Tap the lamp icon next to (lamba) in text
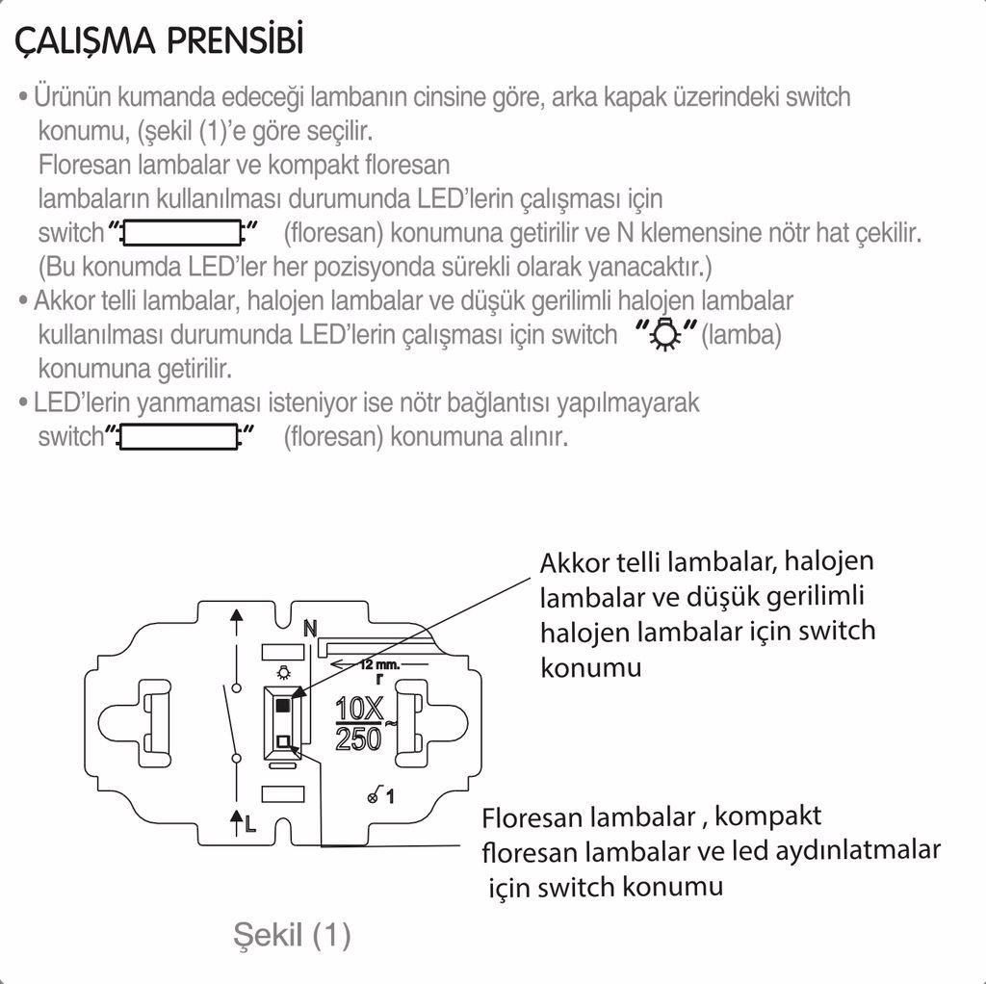click(x=663, y=335)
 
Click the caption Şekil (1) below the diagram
click(x=292, y=934)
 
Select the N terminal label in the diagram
click(x=310, y=629)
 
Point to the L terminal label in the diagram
click(x=250, y=823)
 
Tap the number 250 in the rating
click(x=358, y=739)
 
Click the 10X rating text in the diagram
click(x=360, y=710)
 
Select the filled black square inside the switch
click(x=282, y=706)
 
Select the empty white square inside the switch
click(x=283, y=740)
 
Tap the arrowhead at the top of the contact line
click(x=236, y=617)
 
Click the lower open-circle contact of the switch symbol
click(x=236, y=761)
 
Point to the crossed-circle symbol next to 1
click(x=374, y=796)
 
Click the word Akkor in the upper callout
click(x=572, y=562)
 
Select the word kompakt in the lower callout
click(x=768, y=817)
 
